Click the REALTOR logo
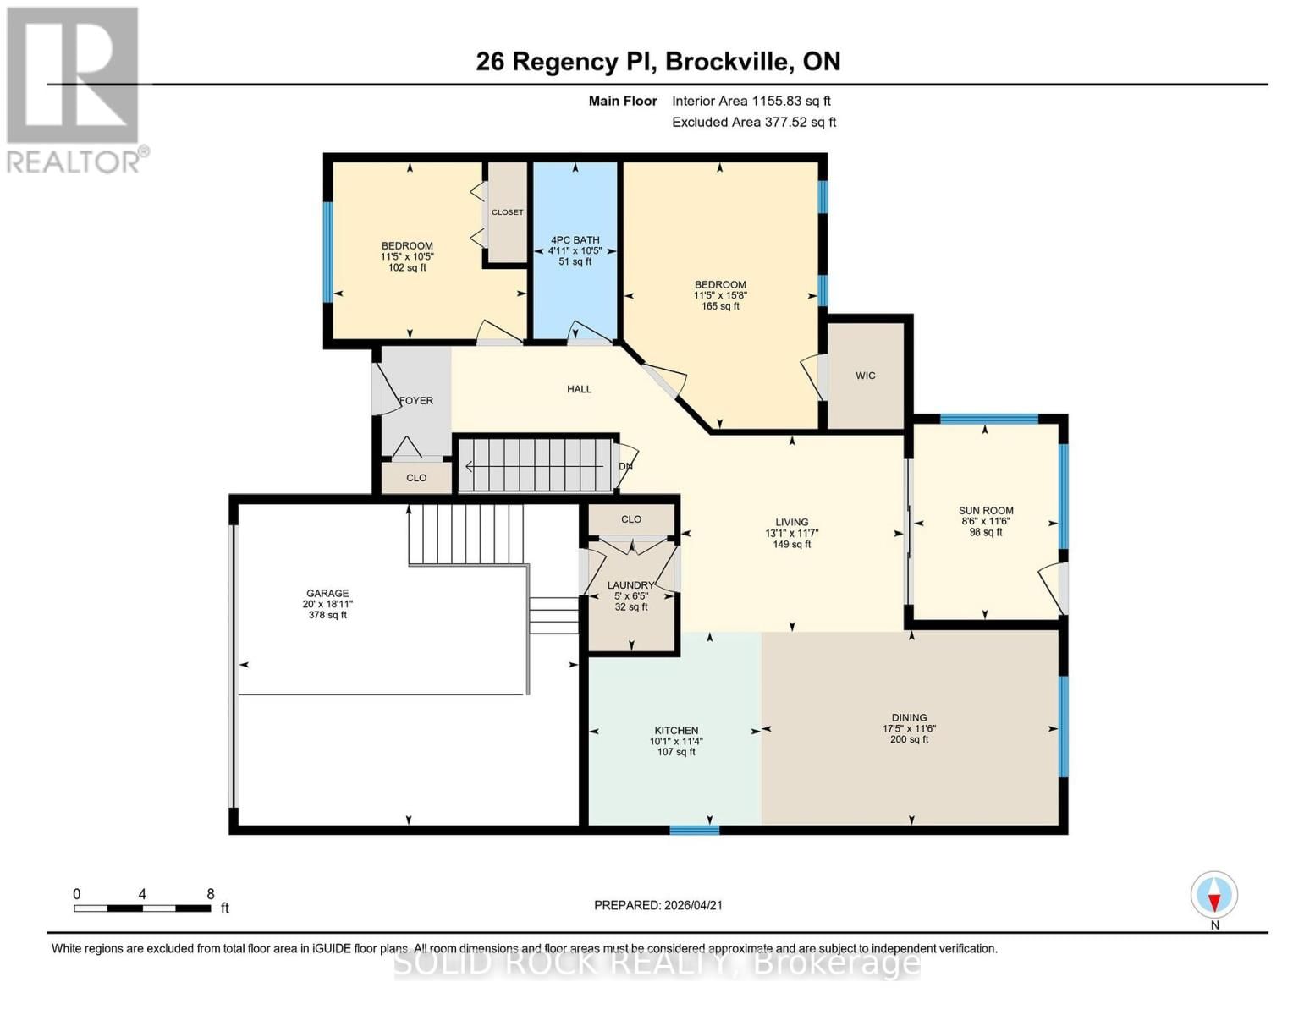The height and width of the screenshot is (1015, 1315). click(74, 89)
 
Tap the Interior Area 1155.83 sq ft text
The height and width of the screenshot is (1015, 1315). click(751, 101)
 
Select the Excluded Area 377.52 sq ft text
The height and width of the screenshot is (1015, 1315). click(753, 122)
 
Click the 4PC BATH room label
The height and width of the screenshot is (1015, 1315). click(575, 240)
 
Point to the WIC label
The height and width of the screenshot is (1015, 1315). click(865, 376)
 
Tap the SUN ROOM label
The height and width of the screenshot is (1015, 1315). click(985, 511)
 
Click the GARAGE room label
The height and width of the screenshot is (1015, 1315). click(327, 594)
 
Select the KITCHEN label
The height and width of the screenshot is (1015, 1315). click(676, 731)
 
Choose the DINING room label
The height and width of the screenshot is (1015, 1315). click(909, 718)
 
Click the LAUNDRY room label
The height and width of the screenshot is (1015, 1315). click(630, 585)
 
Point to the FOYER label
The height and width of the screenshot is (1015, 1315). click(416, 401)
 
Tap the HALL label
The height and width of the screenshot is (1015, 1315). click(579, 389)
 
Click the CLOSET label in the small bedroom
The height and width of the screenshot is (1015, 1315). click(507, 212)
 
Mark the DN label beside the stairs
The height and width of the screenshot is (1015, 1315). click(625, 466)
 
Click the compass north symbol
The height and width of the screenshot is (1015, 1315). click(1214, 895)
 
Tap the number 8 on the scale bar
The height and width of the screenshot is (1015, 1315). click(211, 894)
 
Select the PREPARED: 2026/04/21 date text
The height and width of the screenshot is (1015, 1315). click(657, 905)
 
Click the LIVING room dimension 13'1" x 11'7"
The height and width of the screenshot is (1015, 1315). click(791, 534)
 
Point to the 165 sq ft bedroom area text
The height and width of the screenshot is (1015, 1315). click(720, 306)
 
